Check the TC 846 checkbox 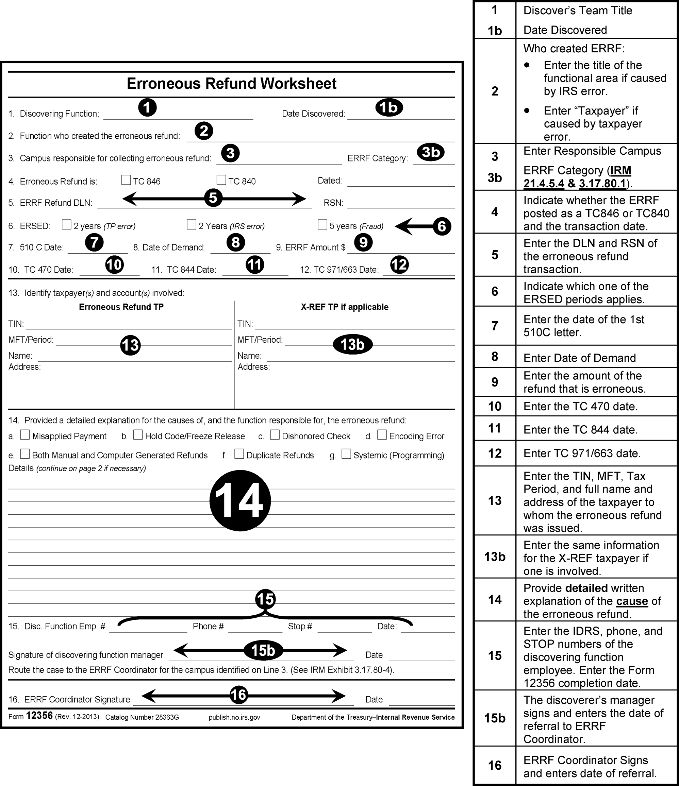pyautogui.click(x=126, y=180)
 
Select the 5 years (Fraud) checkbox pyautogui.click(x=322, y=225)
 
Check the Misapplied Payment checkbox pyautogui.click(x=25, y=435)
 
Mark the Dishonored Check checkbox pyautogui.click(x=275, y=435)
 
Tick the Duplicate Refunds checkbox pyautogui.click(x=239, y=454)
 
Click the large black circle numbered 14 pyautogui.click(x=240, y=500)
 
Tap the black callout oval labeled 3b pyautogui.click(x=431, y=152)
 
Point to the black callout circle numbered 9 pyautogui.click(x=363, y=242)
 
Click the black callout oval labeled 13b pyautogui.click(x=352, y=344)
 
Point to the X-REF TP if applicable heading pyautogui.click(x=345, y=307)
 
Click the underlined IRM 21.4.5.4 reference pyautogui.click(x=577, y=177)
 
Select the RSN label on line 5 pyautogui.click(x=333, y=203)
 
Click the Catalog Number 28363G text pyautogui.click(x=142, y=717)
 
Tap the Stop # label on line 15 pyautogui.click(x=300, y=626)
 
